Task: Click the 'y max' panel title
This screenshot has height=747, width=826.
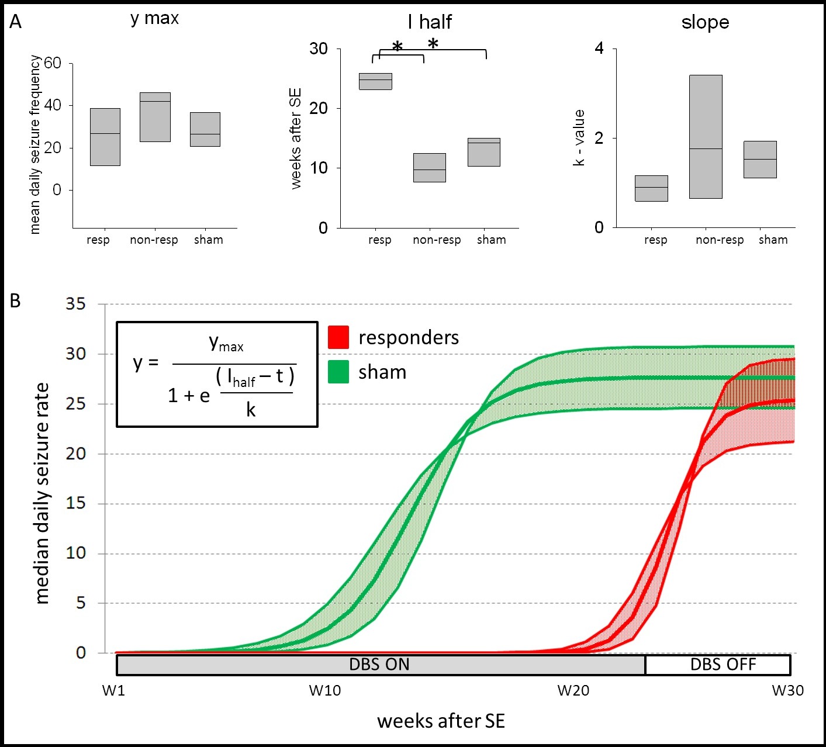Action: point(154,19)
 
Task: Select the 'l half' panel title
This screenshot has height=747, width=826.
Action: point(430,22)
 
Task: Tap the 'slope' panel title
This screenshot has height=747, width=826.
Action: point(705,23)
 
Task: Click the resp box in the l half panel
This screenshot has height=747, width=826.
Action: point(375,81)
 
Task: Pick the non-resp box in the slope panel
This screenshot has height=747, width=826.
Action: point(706,137)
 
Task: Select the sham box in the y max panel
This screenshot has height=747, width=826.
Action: point(205,129)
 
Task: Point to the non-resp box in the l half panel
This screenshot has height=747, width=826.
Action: point(430,168)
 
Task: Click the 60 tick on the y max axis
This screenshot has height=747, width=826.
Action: point(53,63)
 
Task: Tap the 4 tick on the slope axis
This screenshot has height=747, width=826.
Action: point(599,49)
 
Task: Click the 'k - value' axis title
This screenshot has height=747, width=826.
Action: point(579,138)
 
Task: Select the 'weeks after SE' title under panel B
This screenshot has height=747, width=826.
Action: point(441,721)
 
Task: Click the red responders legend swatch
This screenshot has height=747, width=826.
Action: point(338,337)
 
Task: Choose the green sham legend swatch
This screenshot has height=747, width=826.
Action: point(338,372)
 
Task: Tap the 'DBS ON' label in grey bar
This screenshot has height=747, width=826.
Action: point(379,665)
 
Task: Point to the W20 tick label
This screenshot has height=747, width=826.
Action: point(573,691)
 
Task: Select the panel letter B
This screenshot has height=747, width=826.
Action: point(15,300)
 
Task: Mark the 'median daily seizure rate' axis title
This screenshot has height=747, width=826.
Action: point(42,493)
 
